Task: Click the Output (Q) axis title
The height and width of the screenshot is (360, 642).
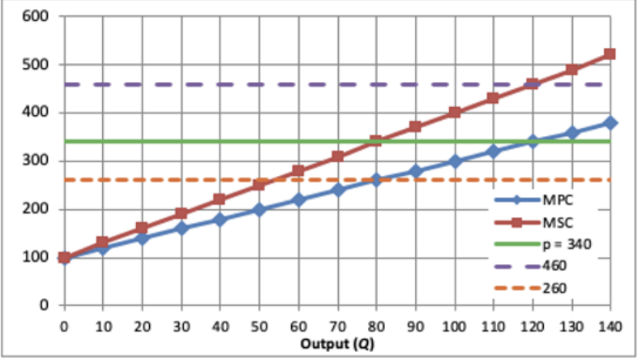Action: point(336,343)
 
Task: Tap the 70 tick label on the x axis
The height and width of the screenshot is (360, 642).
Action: point(337,327)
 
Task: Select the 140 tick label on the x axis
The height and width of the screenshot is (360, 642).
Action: point(610,327)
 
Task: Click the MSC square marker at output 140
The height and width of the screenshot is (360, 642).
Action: point(610,54)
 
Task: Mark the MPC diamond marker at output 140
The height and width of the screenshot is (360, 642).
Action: point(610,123)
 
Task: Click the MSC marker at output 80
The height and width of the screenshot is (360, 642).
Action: point(376,141)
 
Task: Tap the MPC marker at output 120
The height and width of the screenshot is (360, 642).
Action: point(533,142)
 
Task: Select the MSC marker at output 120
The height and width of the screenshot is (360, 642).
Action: point(533,84)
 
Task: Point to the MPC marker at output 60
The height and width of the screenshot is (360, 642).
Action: point(298,199)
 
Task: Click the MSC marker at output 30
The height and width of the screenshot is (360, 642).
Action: point(182,214)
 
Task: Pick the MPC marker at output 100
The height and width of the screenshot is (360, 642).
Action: point(454,161)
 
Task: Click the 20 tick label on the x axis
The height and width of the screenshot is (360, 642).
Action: point(142,327)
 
